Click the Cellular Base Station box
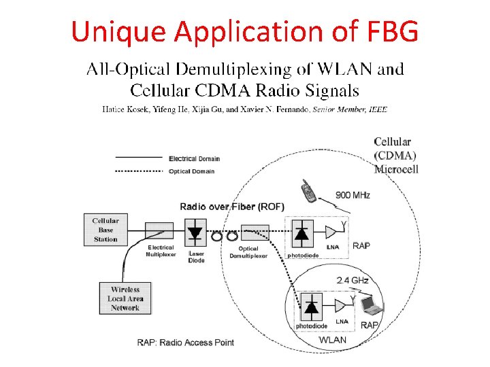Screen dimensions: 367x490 (x=105, y=230)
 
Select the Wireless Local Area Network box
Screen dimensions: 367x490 (x=125, y=299)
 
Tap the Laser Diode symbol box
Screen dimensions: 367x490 (x=195, y=233)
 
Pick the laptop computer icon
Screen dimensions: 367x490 (x=372, y=307)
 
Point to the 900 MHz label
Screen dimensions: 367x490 (x=353, y=195)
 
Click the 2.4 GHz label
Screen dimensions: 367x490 (x=353, y=280)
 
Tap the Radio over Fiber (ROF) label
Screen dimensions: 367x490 (x=232, y=206)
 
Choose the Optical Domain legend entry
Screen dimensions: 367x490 (x=191, y=171)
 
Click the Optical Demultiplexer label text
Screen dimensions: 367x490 (x=248, y=252)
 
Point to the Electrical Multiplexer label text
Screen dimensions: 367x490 (x=161, y=251)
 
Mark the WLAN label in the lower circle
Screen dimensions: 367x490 (x=333, y=340)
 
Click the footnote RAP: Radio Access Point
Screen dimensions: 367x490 (x=185, y=342)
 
